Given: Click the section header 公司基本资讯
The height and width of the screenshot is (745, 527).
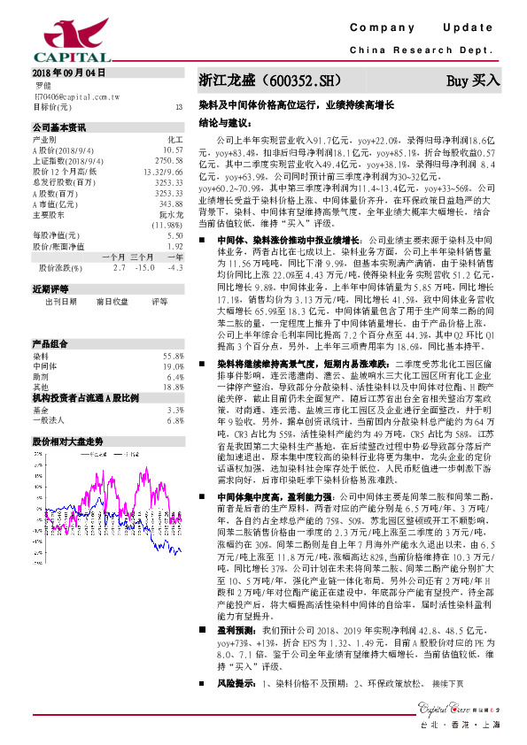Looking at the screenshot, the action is [x=58, y=127].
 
